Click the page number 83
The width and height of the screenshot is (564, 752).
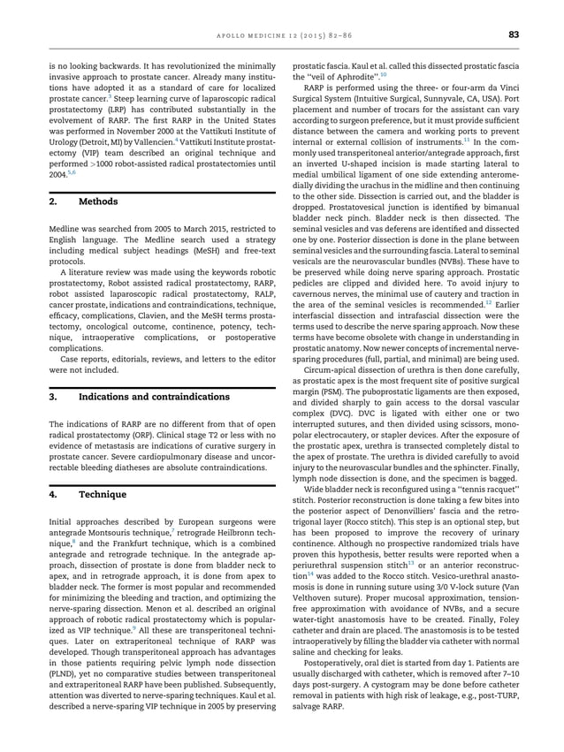[513, 34]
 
